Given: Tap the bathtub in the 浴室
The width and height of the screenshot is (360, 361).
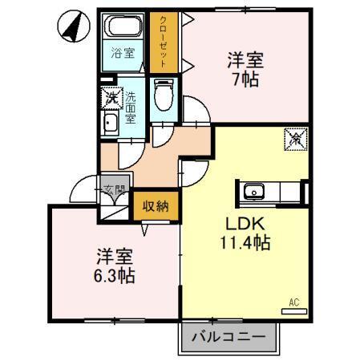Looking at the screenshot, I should pyautogui.click(x=123, y=27).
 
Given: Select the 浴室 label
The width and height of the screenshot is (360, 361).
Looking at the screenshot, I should pyautogui.click(x=123, y=55).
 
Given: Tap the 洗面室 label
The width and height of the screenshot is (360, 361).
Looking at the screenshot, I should pyautogui.click(x=131, y=107).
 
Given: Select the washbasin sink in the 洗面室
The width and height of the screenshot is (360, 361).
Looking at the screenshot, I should pyautogui.click(x=109, y=122).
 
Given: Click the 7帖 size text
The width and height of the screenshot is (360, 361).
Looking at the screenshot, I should pyautogui.click(x=245, y=81).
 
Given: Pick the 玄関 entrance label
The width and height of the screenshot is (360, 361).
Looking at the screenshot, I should pyautogui.click(x=115, y=191).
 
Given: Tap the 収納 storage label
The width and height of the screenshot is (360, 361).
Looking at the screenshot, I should pyautogui.click(x=156, y=207).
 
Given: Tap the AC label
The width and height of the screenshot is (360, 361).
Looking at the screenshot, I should pyautogui.click(x=293, y=302).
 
